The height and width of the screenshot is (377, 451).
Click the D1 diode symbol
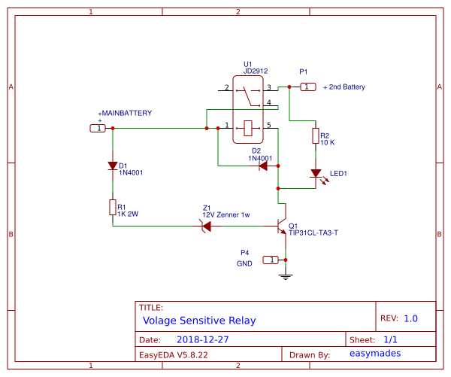click(x=113, y=166)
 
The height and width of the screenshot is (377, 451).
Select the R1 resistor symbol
click(x=113, y=207)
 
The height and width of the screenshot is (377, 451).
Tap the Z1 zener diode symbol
click(x=205, y=225)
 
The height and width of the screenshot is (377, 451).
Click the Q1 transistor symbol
click(x=282, y=225)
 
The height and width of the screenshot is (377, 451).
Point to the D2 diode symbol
click(x=262, y=166)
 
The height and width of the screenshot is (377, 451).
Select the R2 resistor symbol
click(x=316, y=136)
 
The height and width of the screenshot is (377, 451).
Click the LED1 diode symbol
click(x=316, y=174)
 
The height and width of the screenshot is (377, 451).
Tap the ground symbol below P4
click(x=285, y=275)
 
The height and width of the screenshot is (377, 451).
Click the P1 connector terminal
click(x=307, y=87)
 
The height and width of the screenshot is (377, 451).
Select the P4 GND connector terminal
click(x=270, y=260)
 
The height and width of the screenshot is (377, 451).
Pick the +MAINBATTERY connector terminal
click(x=98, y=129)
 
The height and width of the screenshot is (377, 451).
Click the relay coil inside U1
click(x=247, y=128)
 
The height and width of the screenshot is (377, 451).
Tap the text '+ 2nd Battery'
click(x=344, y=87)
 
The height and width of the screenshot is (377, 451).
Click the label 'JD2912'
click(x=255, y=71)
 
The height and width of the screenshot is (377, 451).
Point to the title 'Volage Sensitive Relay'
click(x=199, y=320)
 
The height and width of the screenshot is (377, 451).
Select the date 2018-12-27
click(x=202, y=339)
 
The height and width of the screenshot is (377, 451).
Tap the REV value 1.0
click(x=410, y=318)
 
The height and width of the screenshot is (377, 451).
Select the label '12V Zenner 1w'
click(x=225, y=214)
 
